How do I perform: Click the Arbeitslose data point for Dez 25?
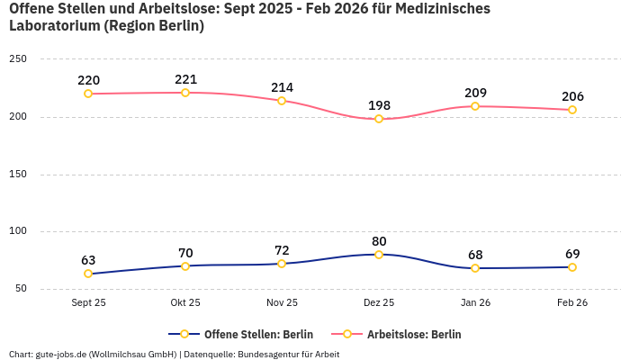tap(379, 119)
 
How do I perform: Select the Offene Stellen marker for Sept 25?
tap(88, 274)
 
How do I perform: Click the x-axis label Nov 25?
tap(282, 302)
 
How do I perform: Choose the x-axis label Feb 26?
tap(572, 302)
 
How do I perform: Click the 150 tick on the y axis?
tap(18, 174)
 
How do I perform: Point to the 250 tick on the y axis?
tap(18, 59)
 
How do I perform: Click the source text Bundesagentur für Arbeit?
tap(288, 354)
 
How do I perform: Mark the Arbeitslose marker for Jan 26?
tap(475, 106)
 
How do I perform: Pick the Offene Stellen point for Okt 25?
tap(185, 265)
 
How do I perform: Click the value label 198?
tap(379, 105)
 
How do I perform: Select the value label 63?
tap(88, 260)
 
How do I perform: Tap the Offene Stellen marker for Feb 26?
tap(572, 267)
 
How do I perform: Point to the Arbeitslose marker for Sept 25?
tap(88, 94)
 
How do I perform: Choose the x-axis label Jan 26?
tap(475, 302)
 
